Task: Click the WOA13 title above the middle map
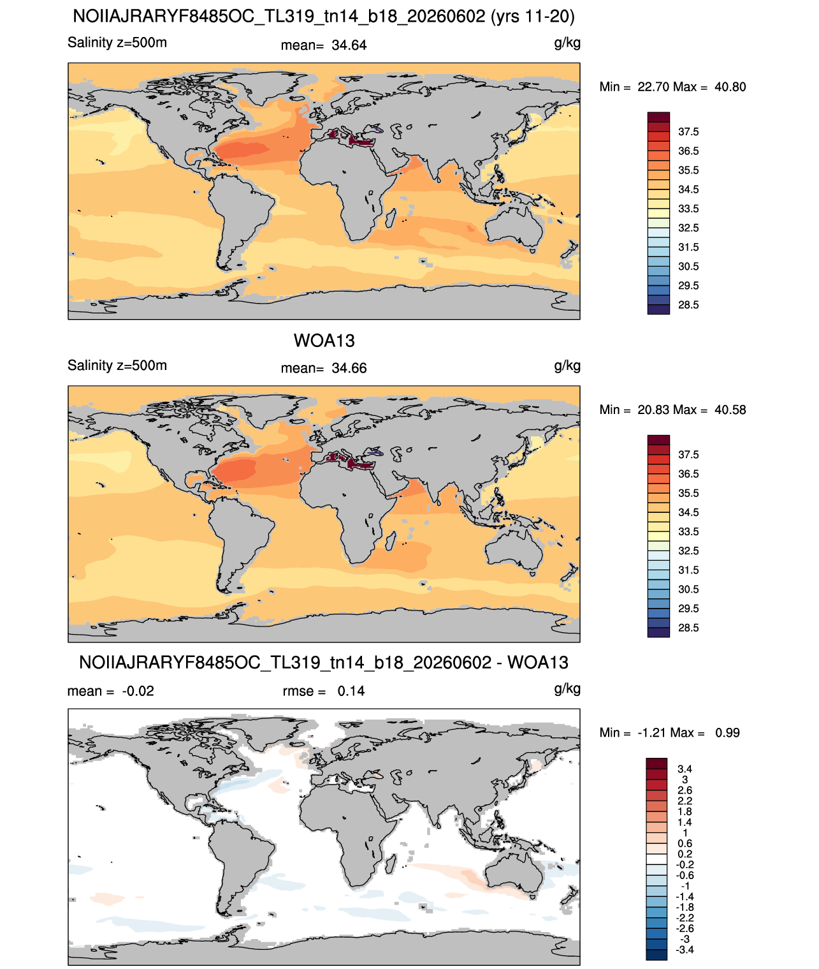pos(324,341)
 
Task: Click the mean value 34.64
pos(349,45)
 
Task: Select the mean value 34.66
pos(349,369)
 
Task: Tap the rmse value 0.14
pos(351,692)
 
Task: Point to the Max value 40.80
pos(730,87)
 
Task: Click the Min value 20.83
pos(653,410)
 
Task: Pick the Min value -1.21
pos(652,733)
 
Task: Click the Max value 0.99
pos(727,733)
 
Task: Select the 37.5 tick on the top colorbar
pos(688,132)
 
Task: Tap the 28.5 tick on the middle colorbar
pos(688,628)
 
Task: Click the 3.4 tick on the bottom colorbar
pos(684,769)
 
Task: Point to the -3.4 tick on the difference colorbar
pos(684,951)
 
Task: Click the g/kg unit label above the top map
pos(567,43)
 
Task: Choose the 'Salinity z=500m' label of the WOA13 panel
pos(117,366)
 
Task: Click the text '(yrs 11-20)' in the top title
pos(532,17)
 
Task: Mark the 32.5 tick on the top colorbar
pos(688,228)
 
